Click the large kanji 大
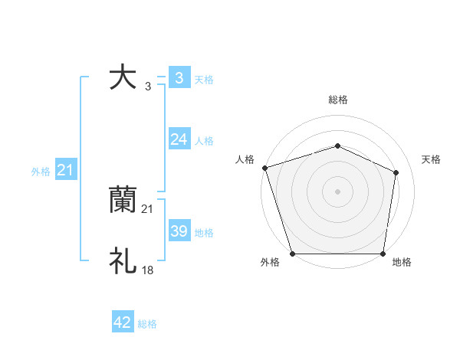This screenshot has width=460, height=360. pos(123,78)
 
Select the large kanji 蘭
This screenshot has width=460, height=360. pos(123,201)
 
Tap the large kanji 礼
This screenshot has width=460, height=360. pos(123,261)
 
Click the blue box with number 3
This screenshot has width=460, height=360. pos(179,78)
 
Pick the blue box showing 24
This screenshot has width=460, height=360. pos(179,139)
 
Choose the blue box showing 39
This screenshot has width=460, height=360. pos(179,231)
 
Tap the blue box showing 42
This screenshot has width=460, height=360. pos(123,322)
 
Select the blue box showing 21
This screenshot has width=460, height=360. pos(64,170)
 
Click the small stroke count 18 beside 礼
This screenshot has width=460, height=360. pos(148,270)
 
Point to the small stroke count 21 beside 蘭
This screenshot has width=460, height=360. pos(148,209)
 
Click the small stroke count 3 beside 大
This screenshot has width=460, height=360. pos(148,87)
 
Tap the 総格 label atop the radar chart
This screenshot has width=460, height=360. pos(337,100)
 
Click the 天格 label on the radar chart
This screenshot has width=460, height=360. pos(431,159)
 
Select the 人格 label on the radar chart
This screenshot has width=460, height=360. pos(245,159)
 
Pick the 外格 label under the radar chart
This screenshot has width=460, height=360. pos(269,262)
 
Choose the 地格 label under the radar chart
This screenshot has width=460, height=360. pos(402,262)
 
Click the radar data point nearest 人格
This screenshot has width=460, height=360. pos(264,167)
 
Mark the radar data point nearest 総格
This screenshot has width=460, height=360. pos(337,146)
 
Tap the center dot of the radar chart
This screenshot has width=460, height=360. pos(337,191)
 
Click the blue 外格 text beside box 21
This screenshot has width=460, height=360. pos(41,172)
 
